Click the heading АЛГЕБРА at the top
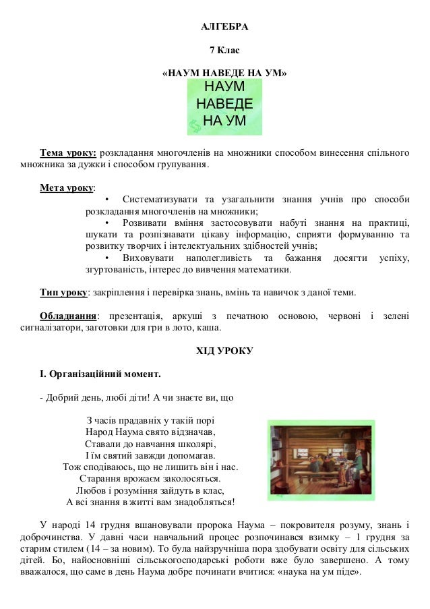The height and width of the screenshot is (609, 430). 224,28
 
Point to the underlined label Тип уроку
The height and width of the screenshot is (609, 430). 64,293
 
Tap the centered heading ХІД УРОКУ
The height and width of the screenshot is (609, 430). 224,351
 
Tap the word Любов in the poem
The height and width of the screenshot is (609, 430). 90,490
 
